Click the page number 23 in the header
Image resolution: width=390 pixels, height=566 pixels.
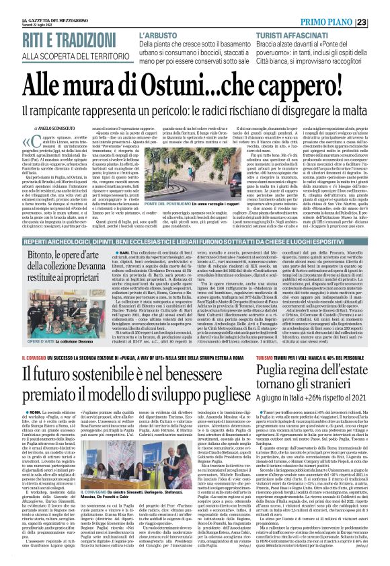click(381, 6)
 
